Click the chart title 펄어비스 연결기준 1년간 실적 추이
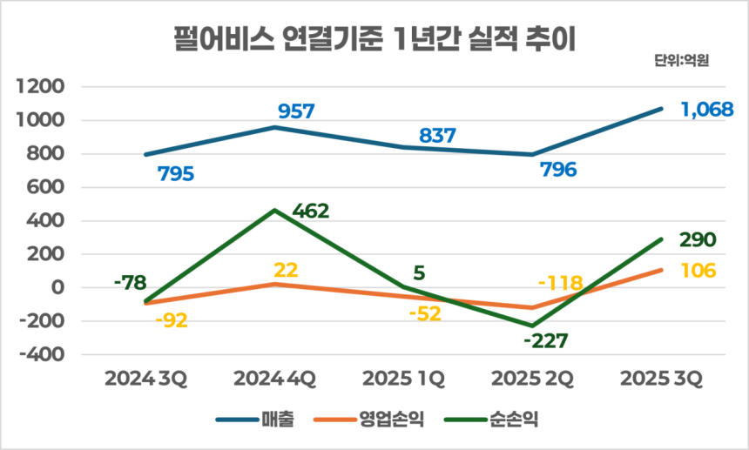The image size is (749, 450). tap(374, 39)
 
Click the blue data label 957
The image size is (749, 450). tap(296, 111)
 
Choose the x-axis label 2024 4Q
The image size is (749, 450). tap(274, 379)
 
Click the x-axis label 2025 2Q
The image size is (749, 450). tap(532, 379)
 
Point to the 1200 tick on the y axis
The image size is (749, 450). tap(46, 87)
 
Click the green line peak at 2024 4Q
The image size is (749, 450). tap(274, 211)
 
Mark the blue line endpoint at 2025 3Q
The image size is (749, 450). tap(661, 109)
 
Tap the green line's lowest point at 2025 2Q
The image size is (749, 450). tap(532, 326)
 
